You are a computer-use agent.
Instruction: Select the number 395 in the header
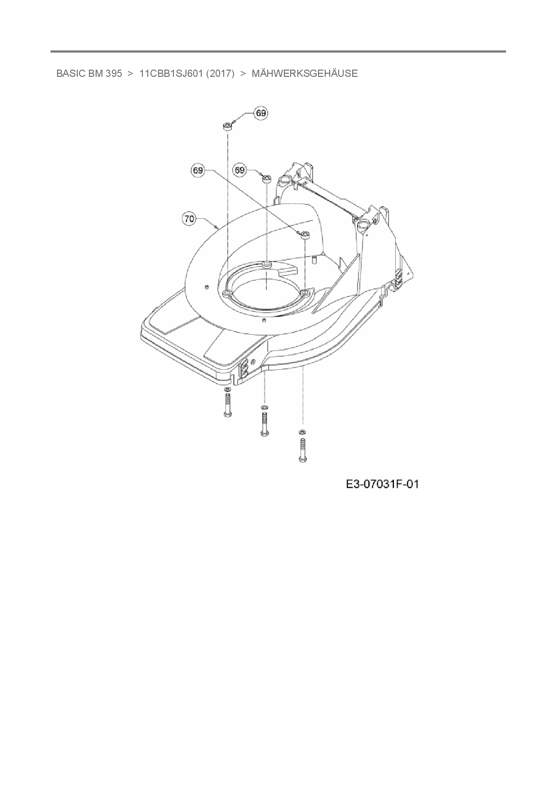(114, 74)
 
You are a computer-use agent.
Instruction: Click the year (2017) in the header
(220, 74)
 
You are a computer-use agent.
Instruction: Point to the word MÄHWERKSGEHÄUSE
(305, 73)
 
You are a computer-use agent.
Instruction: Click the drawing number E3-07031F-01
(382, 484)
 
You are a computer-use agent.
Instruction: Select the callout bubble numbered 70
(190, 219)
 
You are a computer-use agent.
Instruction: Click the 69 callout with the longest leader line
(198, 171)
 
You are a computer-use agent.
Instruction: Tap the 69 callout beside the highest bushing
(261, 113)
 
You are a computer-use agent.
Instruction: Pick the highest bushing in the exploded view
(227, 125)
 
